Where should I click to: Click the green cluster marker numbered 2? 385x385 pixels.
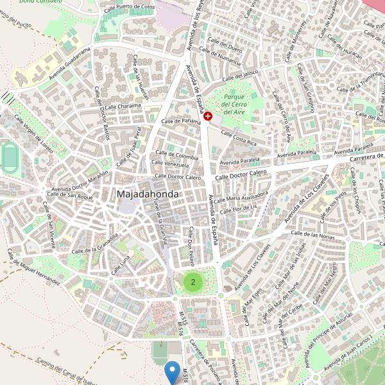tap(193, 281)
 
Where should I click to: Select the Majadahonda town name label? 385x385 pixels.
tap(148, 193)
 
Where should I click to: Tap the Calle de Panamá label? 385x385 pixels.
tap(182, 121)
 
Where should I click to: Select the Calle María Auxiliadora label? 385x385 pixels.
tap(242, 195)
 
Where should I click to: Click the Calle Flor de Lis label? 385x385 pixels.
tap(238, 209)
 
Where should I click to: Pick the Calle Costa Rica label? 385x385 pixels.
tap(238, 137)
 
